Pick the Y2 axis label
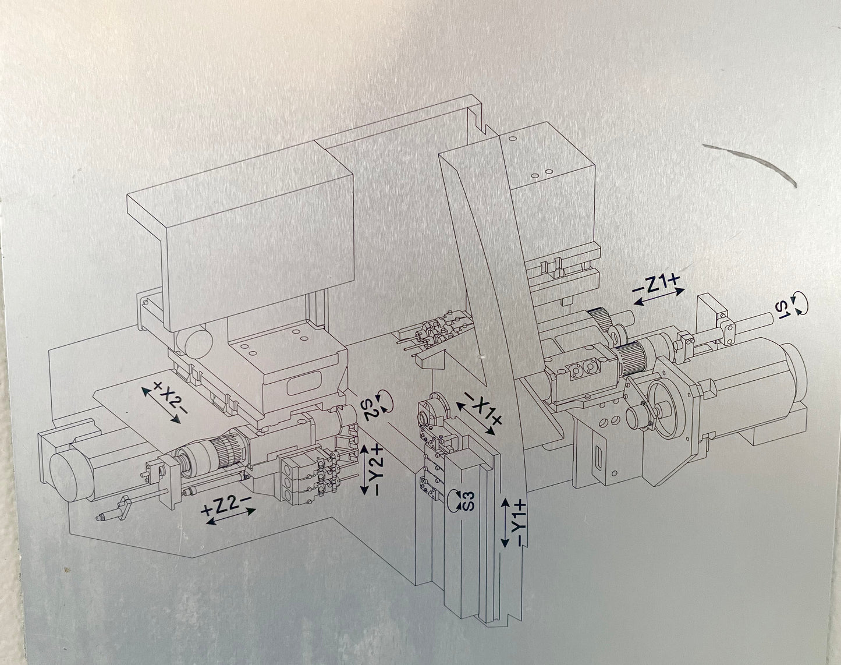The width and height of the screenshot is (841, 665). (377, 472)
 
